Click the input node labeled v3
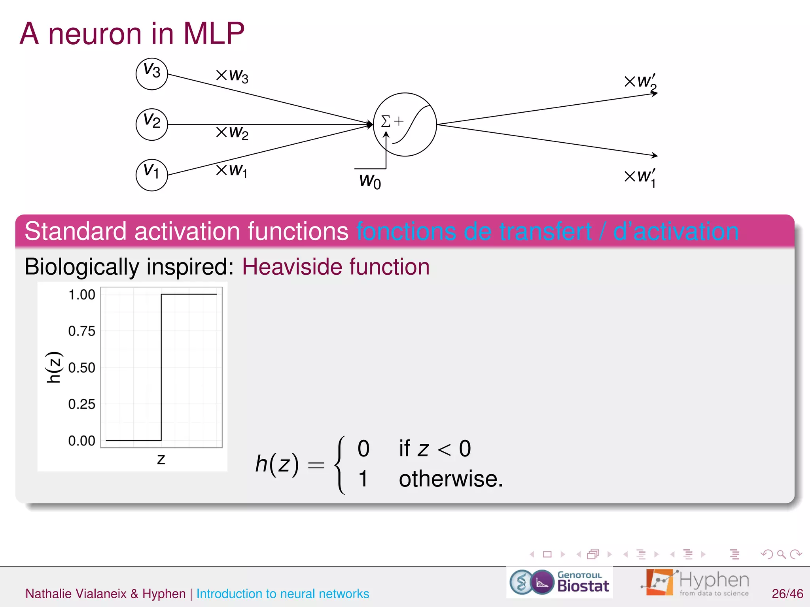click(x=152, y=74)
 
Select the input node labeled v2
click(x=152, y=124)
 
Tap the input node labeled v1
click(x=152, y=175)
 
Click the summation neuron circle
click(x=405, y=124)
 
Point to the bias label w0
click(x=370, y=181)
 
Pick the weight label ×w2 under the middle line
click(x=232, y=132)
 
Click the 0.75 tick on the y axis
click(x=82, y=331)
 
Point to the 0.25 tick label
click(x=82, y=404)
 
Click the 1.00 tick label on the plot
click(x=82, y=294)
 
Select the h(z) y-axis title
click(x=54, y=367)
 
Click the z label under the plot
click(x=161, y=459)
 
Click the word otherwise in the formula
click(x=450, y=479)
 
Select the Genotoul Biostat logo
click(x=559, y=582)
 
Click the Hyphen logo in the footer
click(x=695, y=582)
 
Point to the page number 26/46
click(x=787, y=594)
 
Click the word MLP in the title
click(x=214, y=33)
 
